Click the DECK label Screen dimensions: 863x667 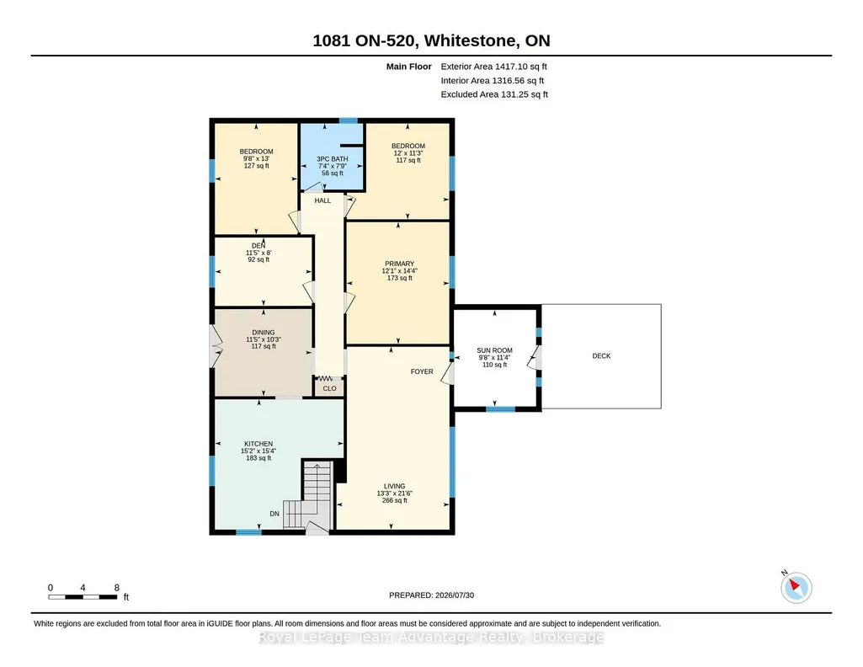(x=601, y=356)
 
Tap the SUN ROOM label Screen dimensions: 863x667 (x=494, y=350)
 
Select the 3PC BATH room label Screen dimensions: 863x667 (x=333, y=159)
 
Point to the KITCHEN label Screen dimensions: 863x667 (x=258, y=444)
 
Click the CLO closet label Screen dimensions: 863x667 (x=330, y=388)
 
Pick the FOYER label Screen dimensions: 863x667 (x=422, y=371)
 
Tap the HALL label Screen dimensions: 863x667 (x=322, y=200)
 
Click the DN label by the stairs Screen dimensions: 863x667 (x=274, y=514)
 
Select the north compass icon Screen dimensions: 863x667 (x=796, y=587)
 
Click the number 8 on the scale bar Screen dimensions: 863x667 (x=117, y=588)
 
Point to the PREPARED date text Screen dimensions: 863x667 (x=431, y=595)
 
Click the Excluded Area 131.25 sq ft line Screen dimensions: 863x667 (x=494, y=94)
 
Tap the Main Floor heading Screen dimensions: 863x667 (x=409, y=67)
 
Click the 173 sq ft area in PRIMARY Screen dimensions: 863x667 (x=400, y=278)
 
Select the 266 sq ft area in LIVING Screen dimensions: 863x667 (x=395, y=500)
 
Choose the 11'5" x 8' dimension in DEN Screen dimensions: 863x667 (x=258, y=253)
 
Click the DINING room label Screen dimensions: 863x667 (x=263, y=333)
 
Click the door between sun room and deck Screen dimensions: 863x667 (x=535, y=358)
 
